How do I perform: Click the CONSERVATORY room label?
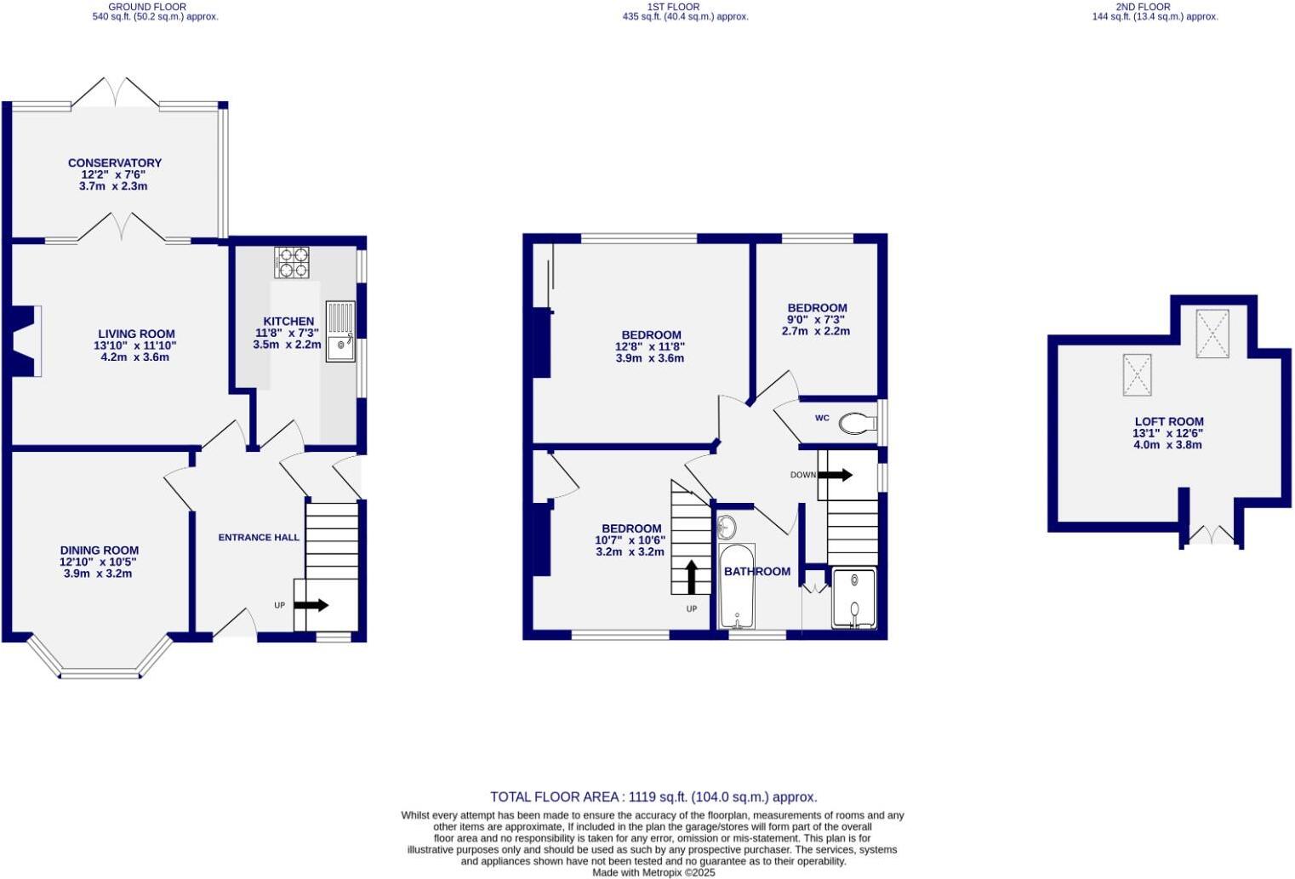click(115, 163)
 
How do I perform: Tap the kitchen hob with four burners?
click(292, 261)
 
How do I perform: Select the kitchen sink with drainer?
click(340, 331)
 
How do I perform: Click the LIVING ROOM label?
click(136, 334)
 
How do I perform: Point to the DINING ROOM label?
click(99, 551)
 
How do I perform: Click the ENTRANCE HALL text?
click(259, 538)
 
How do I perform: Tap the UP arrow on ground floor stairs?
click(311, 605)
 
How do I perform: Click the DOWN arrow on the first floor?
click(835, 475)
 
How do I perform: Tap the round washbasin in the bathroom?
click(727, 528)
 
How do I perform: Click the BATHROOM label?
click(757, 572)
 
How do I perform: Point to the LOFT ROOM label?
click(1169, 422)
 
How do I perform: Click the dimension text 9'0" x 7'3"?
click(817, 320)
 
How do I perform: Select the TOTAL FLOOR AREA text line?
click(653, 797)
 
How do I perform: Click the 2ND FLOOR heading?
click(1155, 7)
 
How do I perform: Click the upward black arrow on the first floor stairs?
click(691, 576)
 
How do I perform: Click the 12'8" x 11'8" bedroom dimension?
click(650, 347)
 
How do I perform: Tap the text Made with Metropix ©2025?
click(653, 872)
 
